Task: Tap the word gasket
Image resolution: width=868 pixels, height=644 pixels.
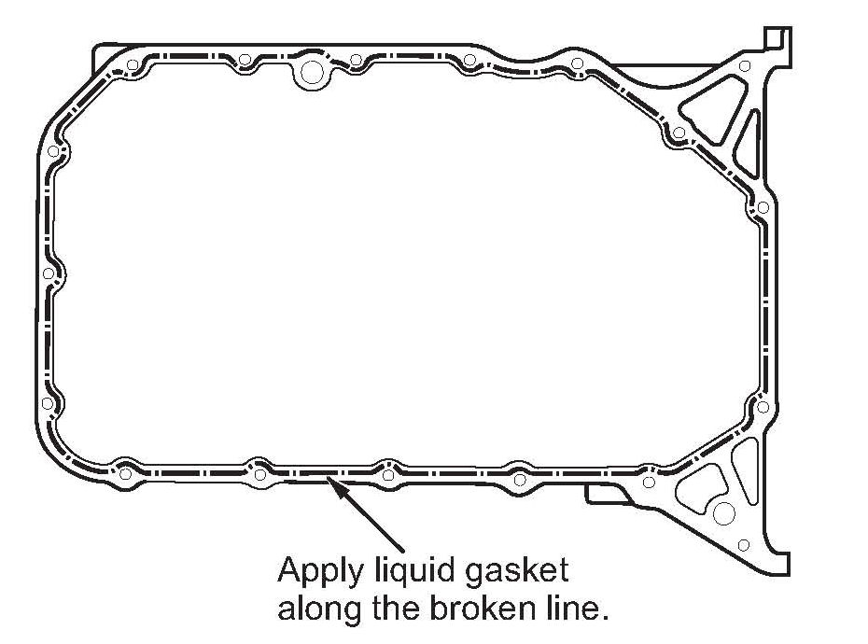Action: click(513, 570)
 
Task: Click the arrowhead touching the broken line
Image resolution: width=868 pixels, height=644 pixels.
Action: click(332, 481)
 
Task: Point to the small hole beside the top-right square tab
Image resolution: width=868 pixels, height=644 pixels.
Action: click(744, 65)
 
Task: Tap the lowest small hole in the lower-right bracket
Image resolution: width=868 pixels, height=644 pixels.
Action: click(743, 544)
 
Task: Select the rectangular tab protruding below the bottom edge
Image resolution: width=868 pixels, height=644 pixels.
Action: click(607, 494)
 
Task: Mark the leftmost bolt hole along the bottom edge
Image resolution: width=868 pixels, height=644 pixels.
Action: click(123, 473)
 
